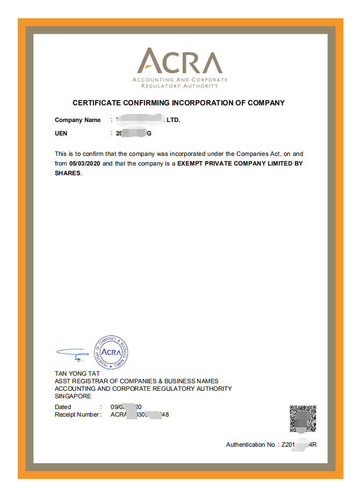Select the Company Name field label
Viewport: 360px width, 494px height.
[x=77, y=120]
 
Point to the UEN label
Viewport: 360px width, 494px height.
[x=61, y=133]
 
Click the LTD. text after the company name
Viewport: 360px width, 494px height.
[x=173, y=120]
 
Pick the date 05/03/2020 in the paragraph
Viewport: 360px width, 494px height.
[x=85, y=163]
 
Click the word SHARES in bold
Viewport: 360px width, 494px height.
[x=67, y=173]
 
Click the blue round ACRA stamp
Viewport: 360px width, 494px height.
[x=111, y=352]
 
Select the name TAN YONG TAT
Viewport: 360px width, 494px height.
[x=77, y=374]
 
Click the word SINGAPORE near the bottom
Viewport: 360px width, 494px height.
[x=73, y=396]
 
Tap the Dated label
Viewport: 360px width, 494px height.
[x=63, y=407]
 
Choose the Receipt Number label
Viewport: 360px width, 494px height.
[x=77, y=414]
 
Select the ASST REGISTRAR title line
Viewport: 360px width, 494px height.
[x=136, y=381]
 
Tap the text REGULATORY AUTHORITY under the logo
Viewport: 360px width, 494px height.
[x=179, y=86]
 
